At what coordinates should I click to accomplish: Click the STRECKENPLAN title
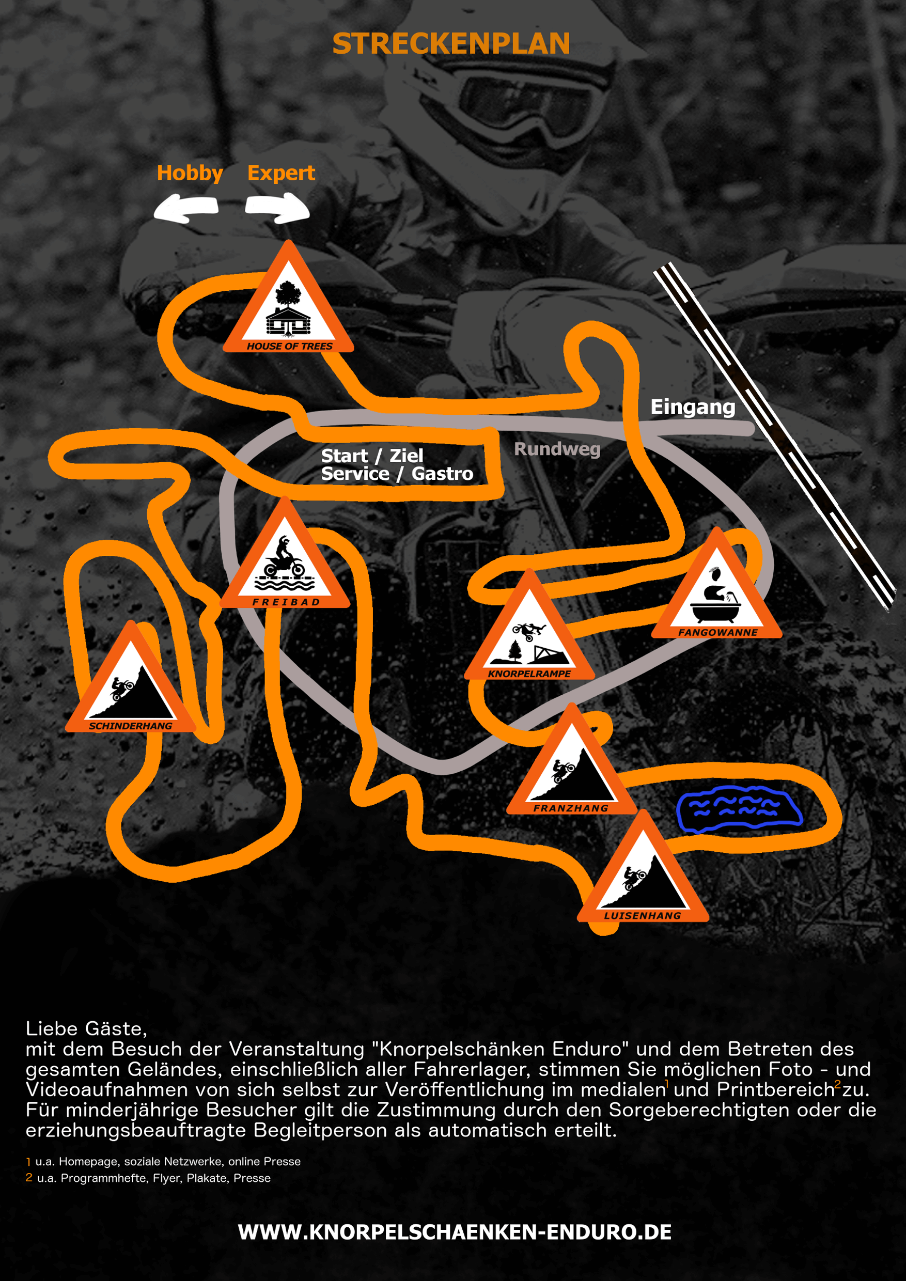[x=451, y=43]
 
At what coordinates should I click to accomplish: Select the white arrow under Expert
[x=277, y=208]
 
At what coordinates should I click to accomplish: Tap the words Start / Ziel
[x=372, y=456]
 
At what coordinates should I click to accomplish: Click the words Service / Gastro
[x=397, y=474]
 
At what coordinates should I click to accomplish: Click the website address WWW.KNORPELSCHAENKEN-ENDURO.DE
[x=455, y=1232]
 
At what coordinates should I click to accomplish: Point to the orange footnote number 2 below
[x=29, y=1177]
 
